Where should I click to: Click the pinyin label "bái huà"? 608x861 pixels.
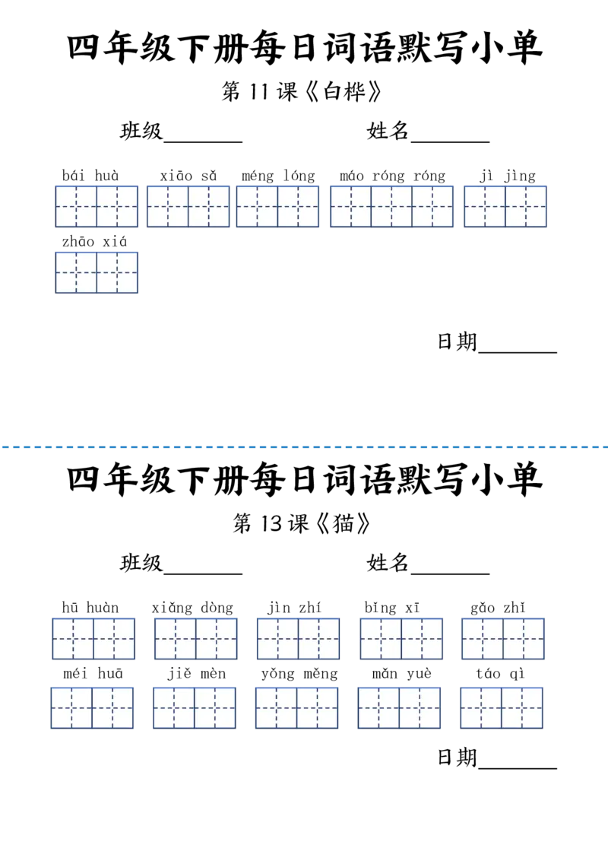90,176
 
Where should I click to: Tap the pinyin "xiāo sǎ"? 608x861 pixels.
188,176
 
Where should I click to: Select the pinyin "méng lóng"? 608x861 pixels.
278,176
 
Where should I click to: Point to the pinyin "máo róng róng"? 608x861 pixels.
392,176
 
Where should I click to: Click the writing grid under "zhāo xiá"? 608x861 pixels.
97,272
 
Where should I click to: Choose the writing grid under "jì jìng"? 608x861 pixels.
505,206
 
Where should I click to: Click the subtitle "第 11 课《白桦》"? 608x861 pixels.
301,91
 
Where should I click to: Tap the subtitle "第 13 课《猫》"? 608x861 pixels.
301,523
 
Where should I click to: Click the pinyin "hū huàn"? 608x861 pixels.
90,607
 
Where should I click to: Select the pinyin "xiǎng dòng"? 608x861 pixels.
192,608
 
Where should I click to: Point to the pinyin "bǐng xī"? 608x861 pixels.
392,608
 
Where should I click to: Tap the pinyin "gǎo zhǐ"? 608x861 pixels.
498,608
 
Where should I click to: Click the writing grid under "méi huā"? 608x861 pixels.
92,708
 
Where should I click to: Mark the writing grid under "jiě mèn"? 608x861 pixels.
195,708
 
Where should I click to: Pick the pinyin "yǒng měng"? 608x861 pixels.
299,674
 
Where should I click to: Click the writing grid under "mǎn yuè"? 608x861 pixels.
399,708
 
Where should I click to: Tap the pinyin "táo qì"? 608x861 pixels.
500,674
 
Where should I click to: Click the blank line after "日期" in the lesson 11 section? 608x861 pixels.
518,352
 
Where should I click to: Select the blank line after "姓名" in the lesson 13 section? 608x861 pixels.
450,573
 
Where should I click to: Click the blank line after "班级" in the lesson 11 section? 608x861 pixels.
203,142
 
